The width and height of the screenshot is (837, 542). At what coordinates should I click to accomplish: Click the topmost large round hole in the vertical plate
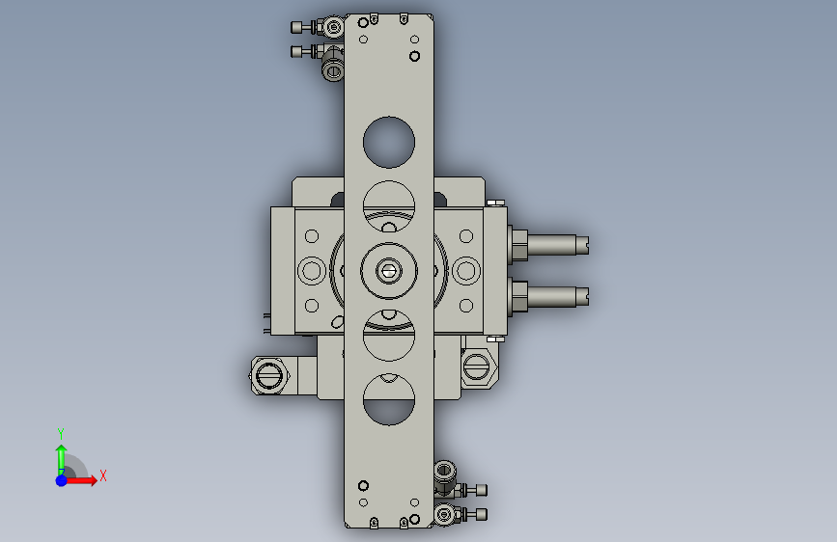(x=389, y=142)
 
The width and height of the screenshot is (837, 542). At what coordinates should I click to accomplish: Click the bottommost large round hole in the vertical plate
(x=389, y=399)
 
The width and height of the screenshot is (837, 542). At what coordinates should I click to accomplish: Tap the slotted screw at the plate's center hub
(x=389, y=271)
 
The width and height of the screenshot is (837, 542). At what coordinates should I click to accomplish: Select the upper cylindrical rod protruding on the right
(x=550, y=245)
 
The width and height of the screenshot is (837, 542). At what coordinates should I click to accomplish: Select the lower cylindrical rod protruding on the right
(x=550, y=297)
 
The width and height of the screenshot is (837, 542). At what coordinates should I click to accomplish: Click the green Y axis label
(x=61, y=433)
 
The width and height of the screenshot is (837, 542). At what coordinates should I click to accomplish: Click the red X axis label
(x=103, y=475)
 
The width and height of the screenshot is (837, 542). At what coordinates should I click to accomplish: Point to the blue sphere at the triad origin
(x=62, y=480)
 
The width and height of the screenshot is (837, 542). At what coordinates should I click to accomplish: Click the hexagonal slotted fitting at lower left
(x=269, y=375)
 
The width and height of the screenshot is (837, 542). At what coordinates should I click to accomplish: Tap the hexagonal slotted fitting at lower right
(x=478, y=367)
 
